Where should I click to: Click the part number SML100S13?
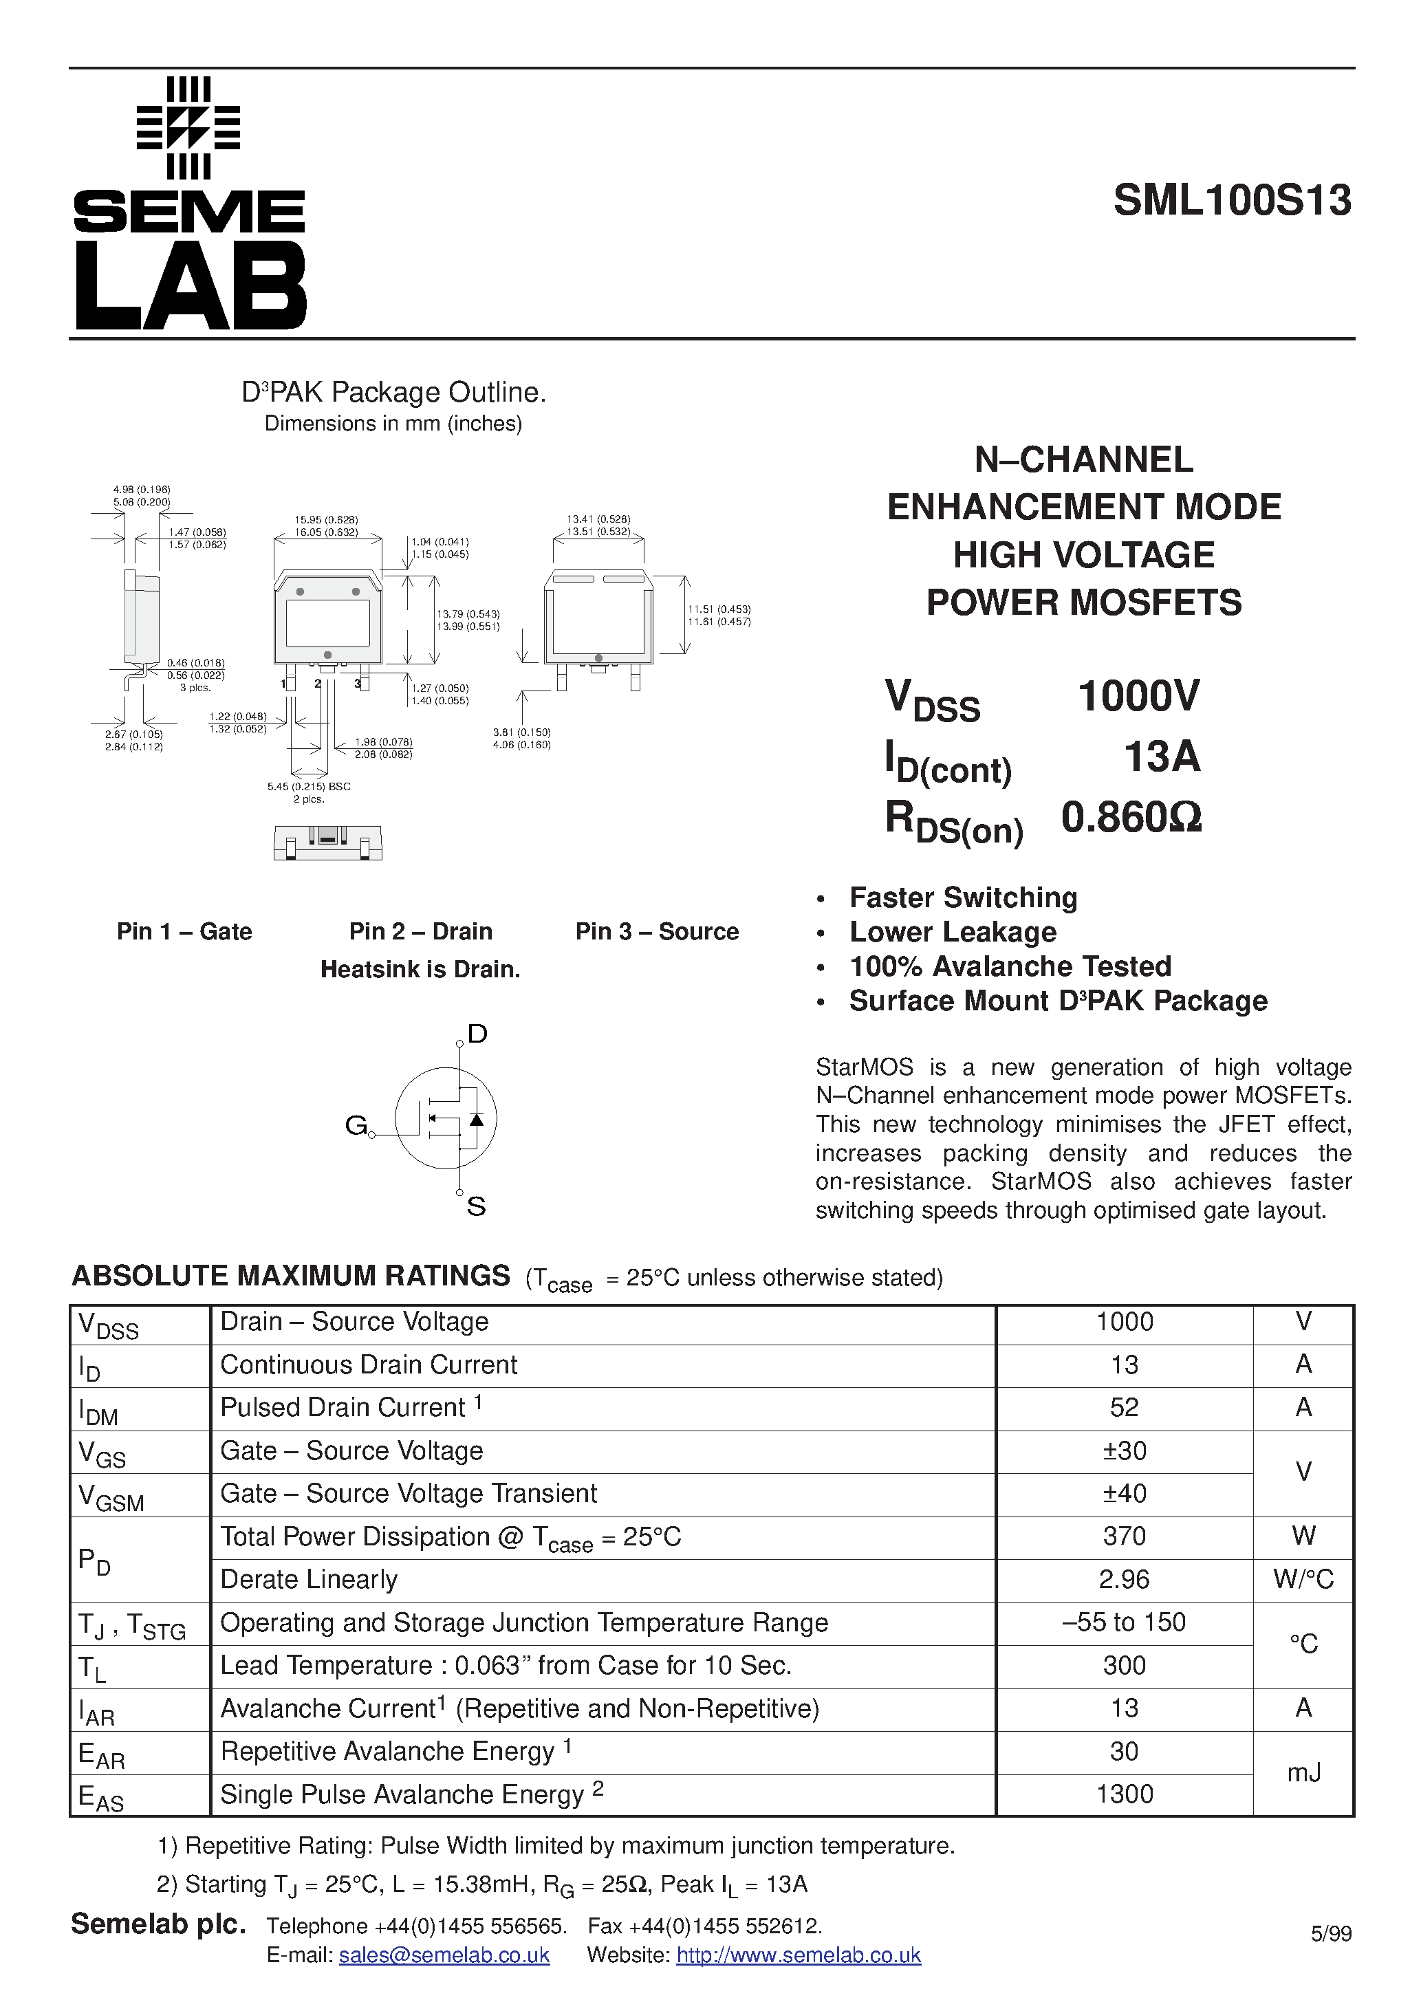tap(1232, 201)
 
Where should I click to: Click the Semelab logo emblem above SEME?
tap(188, 128)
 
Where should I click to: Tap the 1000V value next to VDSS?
tap(1138, 696)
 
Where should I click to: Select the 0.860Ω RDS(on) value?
tap(1131, 817)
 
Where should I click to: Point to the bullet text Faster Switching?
tap(963, 898)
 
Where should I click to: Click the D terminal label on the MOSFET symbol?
tap(477, 1034)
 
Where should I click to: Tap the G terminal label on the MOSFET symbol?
tap(355, 1124)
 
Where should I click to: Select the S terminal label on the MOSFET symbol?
tap(476, 1207)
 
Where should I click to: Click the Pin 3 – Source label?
tap(656, 931)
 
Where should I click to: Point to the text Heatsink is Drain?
tap(420, 970)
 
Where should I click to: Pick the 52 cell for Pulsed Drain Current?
tap(1123, 1408)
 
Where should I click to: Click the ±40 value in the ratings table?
tap(1123, 1493)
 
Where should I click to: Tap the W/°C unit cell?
tap(1303, 1579)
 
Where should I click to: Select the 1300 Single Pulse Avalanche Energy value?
tap(1123, 1794)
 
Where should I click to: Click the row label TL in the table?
tap(92, 1668)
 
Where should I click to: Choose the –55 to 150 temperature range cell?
tap(1123, 1622)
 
